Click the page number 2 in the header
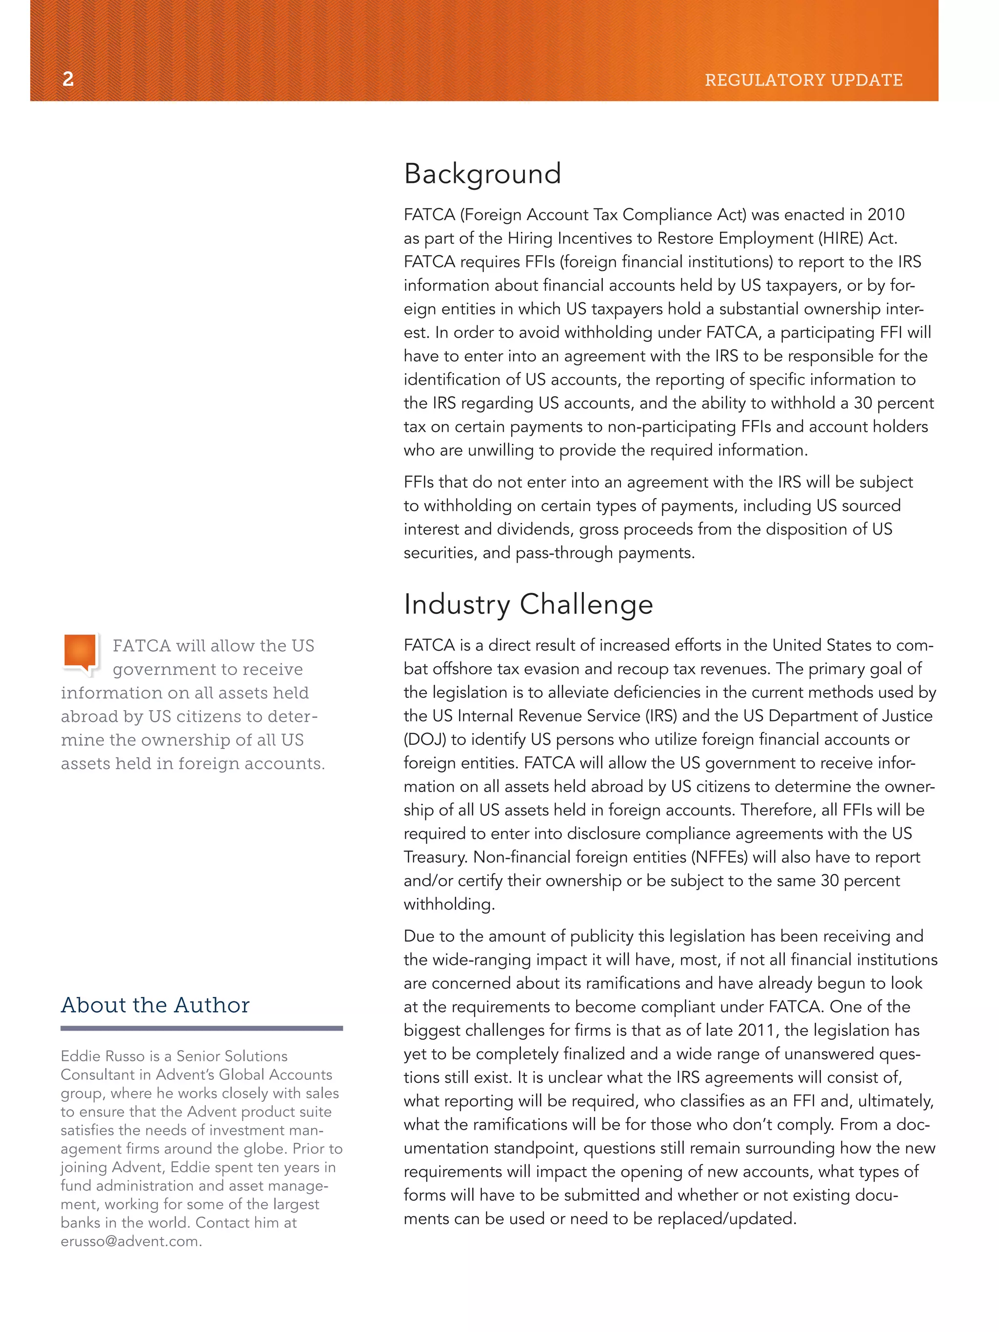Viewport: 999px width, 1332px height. (x=68, y=79)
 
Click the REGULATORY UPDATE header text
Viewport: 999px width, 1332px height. (x=803, y=80)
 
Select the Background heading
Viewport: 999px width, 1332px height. (x=482, y=174)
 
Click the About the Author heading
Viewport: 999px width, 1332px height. (x=155, y=1005)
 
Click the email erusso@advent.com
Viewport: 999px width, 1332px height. (x=131, y=1241)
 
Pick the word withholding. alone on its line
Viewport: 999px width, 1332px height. (x=449, y=904)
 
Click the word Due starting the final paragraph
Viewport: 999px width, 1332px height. (x=419, y=936)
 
